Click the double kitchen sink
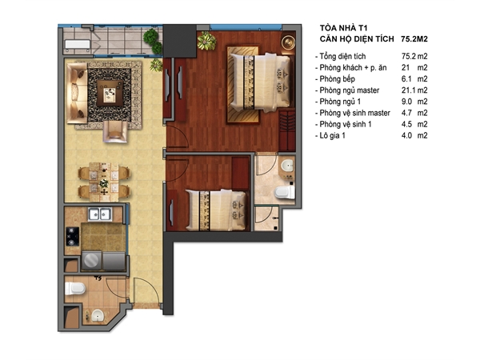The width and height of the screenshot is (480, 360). [x=100, y=214]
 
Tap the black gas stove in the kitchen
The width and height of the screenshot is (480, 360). [x=73, y=236]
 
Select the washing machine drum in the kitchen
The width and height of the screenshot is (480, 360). [x=91, y=261]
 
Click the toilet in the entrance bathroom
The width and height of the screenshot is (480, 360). [x=75, y=288]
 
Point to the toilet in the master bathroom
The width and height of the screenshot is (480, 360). [x=285, y=193]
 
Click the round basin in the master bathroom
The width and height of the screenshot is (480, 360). [x=287, y=166]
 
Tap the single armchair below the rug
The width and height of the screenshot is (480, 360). [x=115, y=132]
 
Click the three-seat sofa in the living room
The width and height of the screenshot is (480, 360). [x=77, y=93]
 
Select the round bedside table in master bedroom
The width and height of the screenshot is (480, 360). [x=288, y=42]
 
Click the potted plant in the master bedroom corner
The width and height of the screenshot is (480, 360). [x=206, y=41]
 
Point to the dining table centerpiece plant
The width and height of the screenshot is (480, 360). [x=104, y=183]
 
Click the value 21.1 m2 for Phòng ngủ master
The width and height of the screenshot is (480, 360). [x=414, y=90]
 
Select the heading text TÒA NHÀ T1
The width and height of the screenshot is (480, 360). [x=343, y=28]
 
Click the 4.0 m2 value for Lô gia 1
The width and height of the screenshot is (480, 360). [x=414, y=135]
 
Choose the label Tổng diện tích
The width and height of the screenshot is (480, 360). [x=342, y=56]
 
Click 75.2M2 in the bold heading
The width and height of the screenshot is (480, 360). [x=414, y=39]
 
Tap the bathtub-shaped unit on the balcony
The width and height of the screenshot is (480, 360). [x=78, y=44]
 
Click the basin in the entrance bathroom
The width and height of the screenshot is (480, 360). [x=98, y=315]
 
